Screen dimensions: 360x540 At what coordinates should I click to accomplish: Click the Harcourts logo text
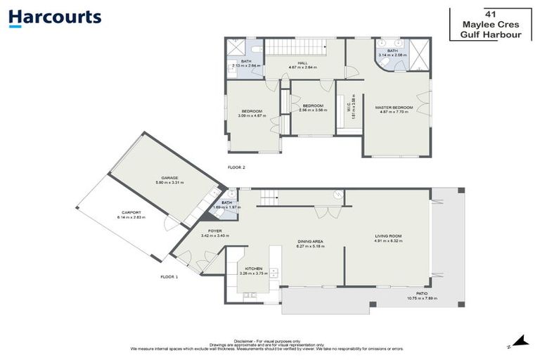tap(56, 17)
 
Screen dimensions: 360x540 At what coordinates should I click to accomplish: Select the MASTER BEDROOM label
tap(393, 107)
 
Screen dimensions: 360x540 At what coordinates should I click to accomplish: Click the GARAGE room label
tap(169, 178)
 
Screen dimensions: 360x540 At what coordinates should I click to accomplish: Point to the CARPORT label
tap(131, 212)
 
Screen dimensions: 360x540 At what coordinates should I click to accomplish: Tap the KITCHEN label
tap(253, 269)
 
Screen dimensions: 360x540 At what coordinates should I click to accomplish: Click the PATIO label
tap(423, 294)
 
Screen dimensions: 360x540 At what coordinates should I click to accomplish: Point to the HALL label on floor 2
tap(302, 63)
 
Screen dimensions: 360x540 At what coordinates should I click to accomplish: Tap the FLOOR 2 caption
tap(236, 167)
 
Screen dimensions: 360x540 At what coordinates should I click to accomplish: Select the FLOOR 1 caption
tap(169, 277)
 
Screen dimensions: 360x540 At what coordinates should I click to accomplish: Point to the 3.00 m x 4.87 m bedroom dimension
tap(252, 115)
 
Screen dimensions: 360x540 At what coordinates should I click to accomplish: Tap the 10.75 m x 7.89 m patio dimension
tap(423, 299)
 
